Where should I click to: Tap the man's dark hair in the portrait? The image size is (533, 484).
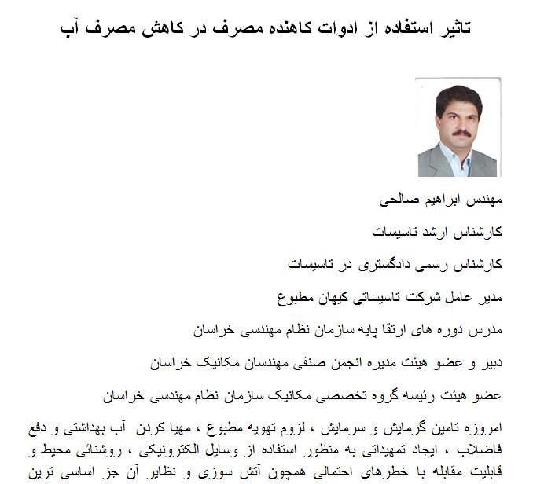click(x=459, y=93)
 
